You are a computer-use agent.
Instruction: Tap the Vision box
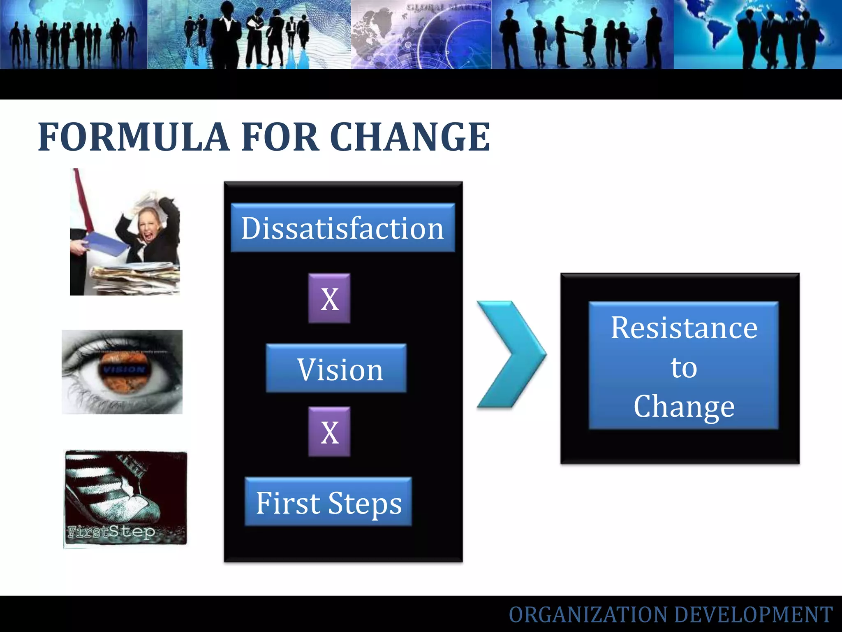pos(336,368)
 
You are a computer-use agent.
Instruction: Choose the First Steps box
pos(328,502)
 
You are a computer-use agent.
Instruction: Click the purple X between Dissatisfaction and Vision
pos(329,298)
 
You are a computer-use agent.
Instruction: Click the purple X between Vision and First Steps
pos(329,432)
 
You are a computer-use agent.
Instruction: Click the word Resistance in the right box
pos(684,328)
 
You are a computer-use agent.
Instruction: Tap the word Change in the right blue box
pos(684,407)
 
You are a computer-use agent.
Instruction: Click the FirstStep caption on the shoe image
pos(111,532)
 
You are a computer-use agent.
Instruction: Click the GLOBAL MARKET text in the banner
pos(448,7)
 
